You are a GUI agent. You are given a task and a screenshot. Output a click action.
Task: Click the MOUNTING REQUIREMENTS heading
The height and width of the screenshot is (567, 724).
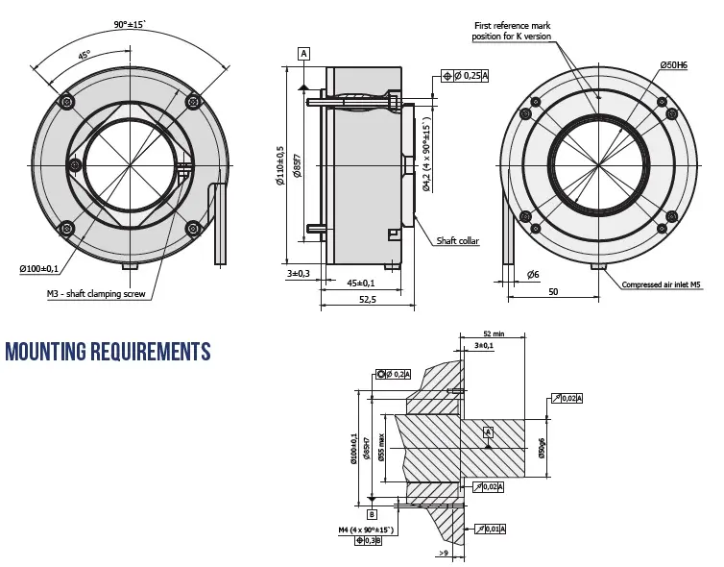(108, 352)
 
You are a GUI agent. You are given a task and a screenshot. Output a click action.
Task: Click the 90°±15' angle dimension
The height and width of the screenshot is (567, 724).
(130, 23)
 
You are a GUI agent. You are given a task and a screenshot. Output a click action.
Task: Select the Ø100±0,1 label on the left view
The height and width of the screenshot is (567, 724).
(39, 268)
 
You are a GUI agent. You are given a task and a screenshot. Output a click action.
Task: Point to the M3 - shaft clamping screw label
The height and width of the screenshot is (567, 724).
(96, 294)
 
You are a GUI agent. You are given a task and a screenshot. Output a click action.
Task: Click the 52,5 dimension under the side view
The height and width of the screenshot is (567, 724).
(367, 300)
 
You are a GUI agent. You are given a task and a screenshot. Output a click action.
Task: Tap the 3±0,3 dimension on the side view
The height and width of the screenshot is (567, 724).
(298, 274)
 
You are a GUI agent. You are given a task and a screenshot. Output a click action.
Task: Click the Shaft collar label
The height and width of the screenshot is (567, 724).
(458, 241)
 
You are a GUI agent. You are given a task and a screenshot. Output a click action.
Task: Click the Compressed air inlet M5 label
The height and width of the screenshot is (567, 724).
(663, 284)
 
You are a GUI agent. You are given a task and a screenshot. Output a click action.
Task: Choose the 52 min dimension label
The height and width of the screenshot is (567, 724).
(494, 333)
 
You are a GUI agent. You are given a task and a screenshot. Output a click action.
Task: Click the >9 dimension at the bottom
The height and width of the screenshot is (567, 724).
(443, 553)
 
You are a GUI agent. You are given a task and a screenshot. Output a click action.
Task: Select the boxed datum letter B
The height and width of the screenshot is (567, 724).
(373, 514)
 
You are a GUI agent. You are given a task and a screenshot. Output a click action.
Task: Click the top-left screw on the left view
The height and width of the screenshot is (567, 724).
(65, 101)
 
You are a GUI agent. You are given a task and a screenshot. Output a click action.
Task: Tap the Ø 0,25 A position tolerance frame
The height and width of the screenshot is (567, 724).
(466, 75)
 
